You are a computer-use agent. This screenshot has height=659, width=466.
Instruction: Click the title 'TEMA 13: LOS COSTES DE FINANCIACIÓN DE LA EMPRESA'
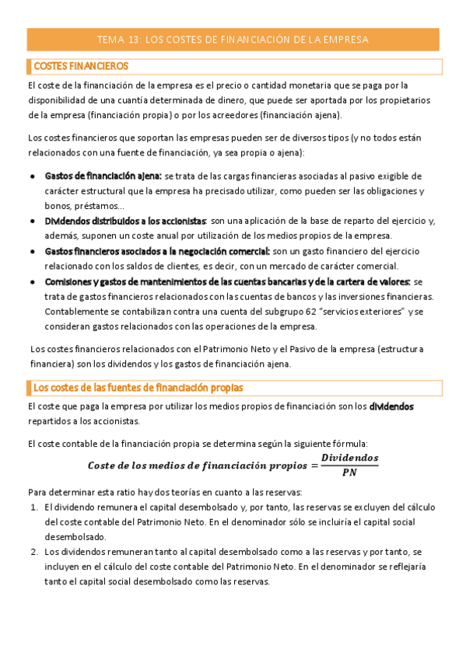(x=233, y=40)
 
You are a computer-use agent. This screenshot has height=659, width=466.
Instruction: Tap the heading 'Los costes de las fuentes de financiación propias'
(x=138, y=387)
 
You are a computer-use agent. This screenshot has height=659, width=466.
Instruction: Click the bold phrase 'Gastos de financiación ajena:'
(x=103, y=176)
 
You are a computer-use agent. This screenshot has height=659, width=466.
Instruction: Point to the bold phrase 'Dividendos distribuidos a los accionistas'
(x=125, y=221)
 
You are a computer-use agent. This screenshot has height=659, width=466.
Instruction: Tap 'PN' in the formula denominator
(x=350, y=472)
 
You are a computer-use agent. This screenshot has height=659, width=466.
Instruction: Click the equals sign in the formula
(x=314, y=465)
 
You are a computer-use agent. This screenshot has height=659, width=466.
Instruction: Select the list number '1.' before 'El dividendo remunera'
(x=35, y=507)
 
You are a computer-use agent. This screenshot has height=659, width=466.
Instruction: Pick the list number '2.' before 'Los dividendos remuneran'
(x=35, y=552)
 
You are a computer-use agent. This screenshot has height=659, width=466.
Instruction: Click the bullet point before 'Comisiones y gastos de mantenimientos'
(x=32, y=281)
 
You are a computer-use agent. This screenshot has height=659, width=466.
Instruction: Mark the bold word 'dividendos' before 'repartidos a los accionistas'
(x=391, y=406)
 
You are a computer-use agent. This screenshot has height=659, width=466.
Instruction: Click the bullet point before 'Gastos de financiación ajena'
(x=32, y=176)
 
